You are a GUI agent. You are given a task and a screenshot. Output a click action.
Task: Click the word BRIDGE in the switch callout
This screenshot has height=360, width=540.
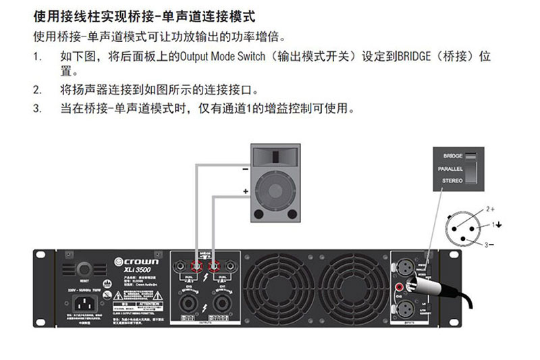point(453,155)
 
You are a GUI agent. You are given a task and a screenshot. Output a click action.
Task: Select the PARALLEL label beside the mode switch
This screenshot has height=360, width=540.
point(450,168)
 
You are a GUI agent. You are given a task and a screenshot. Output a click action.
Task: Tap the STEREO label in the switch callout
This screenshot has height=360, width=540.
point(452,181)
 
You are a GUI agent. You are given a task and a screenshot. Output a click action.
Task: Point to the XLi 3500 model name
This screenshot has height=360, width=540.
point(137,270)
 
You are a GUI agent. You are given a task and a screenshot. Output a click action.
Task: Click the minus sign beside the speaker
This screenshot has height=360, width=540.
point(244,170)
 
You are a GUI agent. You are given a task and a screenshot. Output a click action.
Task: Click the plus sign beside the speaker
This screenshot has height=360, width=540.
point(245,192)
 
